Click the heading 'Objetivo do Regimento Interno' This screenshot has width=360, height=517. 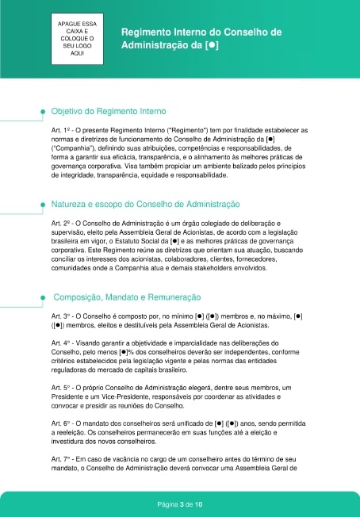click(109, 113)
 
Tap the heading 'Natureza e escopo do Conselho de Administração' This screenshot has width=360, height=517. click(145, 205)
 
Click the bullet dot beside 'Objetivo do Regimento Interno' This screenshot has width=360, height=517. click(42, 113)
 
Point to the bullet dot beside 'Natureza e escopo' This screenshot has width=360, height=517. click(42, 205)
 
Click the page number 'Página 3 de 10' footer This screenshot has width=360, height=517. click(180, 504)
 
